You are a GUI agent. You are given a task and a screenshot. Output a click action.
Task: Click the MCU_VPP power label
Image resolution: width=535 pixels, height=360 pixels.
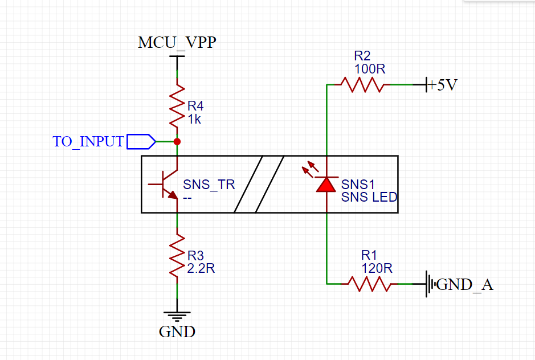pos(177,43)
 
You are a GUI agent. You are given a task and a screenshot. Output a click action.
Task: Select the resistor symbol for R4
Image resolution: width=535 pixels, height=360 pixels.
pos(178,106)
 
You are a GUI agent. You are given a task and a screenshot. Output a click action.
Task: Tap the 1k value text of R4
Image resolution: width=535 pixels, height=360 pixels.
pos(194,120)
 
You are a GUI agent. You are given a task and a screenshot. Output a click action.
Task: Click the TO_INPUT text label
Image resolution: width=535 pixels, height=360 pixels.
pos(88,142)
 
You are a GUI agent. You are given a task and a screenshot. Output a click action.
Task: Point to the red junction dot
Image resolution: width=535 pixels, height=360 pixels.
pos(177,141)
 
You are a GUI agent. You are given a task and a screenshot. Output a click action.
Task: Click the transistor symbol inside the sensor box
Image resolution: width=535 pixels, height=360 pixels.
pos(166,184)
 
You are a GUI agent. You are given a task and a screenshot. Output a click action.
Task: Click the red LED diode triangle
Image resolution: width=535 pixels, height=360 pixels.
pos(326,183)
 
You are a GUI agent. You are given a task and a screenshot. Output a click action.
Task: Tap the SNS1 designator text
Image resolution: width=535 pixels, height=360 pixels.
pos(358,185)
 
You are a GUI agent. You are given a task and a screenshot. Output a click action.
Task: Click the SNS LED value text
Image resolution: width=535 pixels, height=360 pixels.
pos(369,197)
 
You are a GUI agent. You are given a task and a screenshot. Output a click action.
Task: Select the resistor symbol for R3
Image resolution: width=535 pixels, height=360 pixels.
pos(178,255)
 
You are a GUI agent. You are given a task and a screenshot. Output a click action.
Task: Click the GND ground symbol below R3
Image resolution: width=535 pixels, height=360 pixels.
pos(177,315)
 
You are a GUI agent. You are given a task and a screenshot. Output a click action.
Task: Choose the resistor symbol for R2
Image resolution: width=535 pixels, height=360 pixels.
pos(362,85)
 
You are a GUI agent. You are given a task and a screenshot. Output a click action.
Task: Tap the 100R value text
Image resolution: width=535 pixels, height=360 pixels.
pos(370,69)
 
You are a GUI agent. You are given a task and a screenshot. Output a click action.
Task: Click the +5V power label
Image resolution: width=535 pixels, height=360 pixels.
pos(442,85)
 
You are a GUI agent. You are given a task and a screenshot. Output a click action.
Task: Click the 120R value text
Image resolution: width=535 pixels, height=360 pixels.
pos(377,268)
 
